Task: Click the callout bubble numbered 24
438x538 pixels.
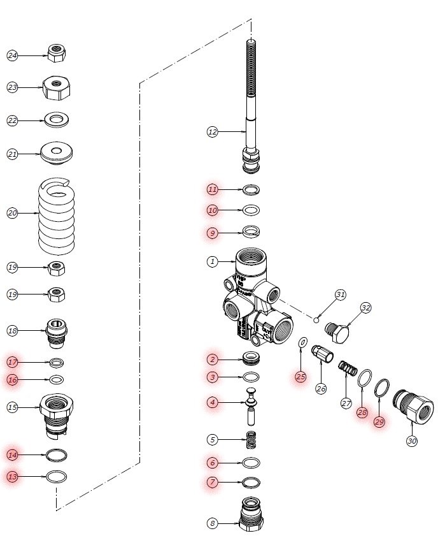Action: pos(12,55)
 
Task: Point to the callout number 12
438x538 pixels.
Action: pos(212,132)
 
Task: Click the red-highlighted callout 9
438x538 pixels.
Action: pos(212,233)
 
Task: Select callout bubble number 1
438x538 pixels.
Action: pos(212,261)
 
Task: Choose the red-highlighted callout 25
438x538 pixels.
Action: pos(300,377)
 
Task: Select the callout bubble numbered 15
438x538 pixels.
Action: pos(12,407)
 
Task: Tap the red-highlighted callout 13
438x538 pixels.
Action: pos(12,476)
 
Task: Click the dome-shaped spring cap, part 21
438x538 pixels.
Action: pos(57,153)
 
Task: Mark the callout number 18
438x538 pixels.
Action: pos(12,330)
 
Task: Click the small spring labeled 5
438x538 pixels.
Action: pos(253,439)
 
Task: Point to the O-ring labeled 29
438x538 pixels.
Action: pos(382,387)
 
